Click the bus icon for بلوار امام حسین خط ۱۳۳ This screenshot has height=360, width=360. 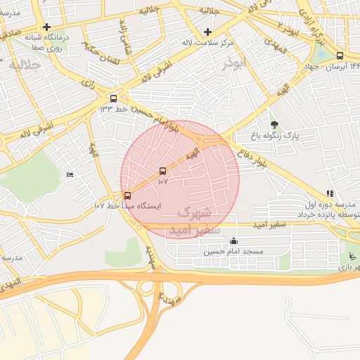click(114, 98)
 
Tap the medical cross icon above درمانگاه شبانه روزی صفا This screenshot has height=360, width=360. click(46, 27)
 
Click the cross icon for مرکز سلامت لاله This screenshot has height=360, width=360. click(207, 32)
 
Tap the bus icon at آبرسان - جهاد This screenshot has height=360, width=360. click(340, 56)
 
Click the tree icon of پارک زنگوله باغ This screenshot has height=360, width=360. click(274, 124)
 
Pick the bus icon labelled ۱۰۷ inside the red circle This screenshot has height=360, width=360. click(163, 171)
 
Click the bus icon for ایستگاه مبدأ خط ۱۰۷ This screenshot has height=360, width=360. click(127, 195)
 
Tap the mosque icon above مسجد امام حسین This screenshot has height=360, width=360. click(233, 241)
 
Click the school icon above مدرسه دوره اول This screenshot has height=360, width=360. click(329, 193)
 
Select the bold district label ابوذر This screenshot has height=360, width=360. click(233, 64)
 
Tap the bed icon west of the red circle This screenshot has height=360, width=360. click(69, 174)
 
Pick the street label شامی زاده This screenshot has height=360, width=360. click(127, 37)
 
